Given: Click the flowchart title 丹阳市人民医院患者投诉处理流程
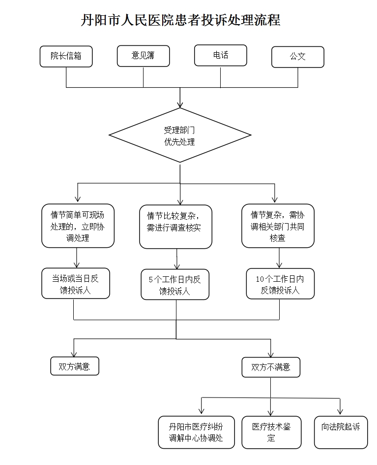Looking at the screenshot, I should click(180, 20).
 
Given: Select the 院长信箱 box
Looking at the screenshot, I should click(66, 56).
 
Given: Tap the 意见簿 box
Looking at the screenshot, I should click(143, 56).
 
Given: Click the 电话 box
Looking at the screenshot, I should click(220, 55).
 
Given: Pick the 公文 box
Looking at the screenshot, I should click(297, 57).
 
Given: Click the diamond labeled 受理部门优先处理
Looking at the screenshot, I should click(180, 135).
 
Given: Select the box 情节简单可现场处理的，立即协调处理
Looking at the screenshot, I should click(78, 226).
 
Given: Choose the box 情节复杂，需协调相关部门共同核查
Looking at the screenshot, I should click(278, 226).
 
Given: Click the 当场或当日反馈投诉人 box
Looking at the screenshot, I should click(75, 284).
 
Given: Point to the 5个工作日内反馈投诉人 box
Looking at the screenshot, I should click(175, 285).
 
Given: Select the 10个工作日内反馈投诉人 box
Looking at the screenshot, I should click(280, 284).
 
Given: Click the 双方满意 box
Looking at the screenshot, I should click(75, 366).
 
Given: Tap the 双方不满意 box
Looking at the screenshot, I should click(271, 367).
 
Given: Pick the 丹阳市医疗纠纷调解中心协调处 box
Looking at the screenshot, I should click(196, 432).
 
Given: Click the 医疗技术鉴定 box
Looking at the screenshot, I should click(271, 432).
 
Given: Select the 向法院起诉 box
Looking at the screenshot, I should click(341, 432).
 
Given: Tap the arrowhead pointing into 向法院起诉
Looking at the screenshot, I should click(340, 411).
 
